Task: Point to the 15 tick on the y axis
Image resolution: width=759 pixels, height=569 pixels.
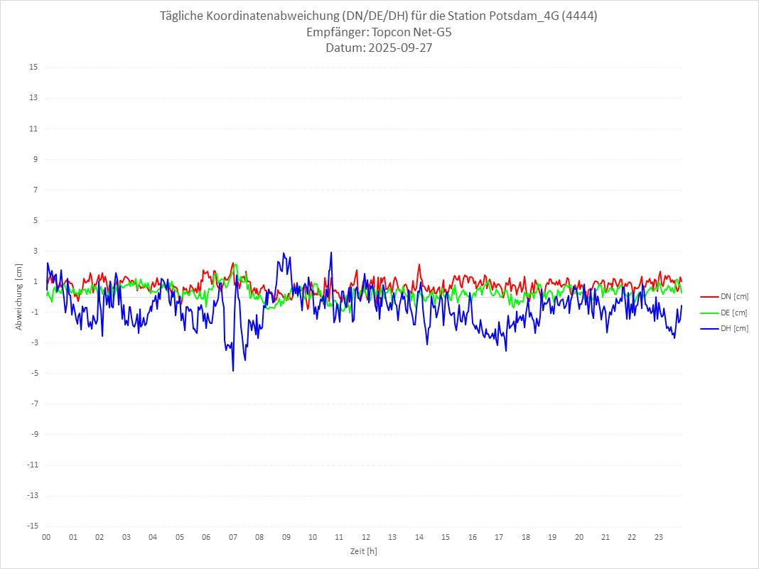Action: point(33,67)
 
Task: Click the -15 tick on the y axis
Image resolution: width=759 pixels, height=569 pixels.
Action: point(32,526)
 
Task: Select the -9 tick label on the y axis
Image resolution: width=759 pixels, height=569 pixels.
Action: point(33,434)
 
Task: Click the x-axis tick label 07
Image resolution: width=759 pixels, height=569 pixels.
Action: point(232,538)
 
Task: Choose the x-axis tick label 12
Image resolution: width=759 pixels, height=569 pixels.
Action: point(366,538)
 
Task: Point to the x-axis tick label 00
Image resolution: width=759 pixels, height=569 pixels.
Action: point(46,538)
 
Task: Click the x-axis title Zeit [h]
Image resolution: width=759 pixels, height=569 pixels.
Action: point(363,551)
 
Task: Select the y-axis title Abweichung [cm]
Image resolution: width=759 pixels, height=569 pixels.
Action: point(19,296)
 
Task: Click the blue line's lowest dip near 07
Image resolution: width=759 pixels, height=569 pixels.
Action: point(233,370)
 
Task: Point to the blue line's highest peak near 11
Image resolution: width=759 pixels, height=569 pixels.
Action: point(331,253)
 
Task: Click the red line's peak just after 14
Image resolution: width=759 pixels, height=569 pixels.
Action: point(419,265)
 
